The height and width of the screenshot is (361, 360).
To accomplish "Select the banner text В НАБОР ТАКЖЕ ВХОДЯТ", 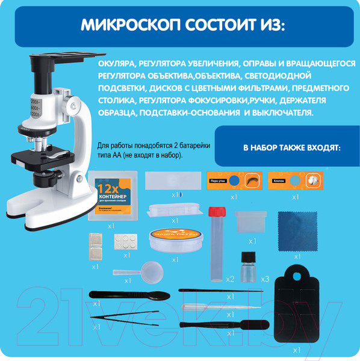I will pos(283,147).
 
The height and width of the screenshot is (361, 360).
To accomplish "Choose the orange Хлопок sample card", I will pos(295,179).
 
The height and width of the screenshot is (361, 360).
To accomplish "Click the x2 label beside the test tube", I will pos(229,279).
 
